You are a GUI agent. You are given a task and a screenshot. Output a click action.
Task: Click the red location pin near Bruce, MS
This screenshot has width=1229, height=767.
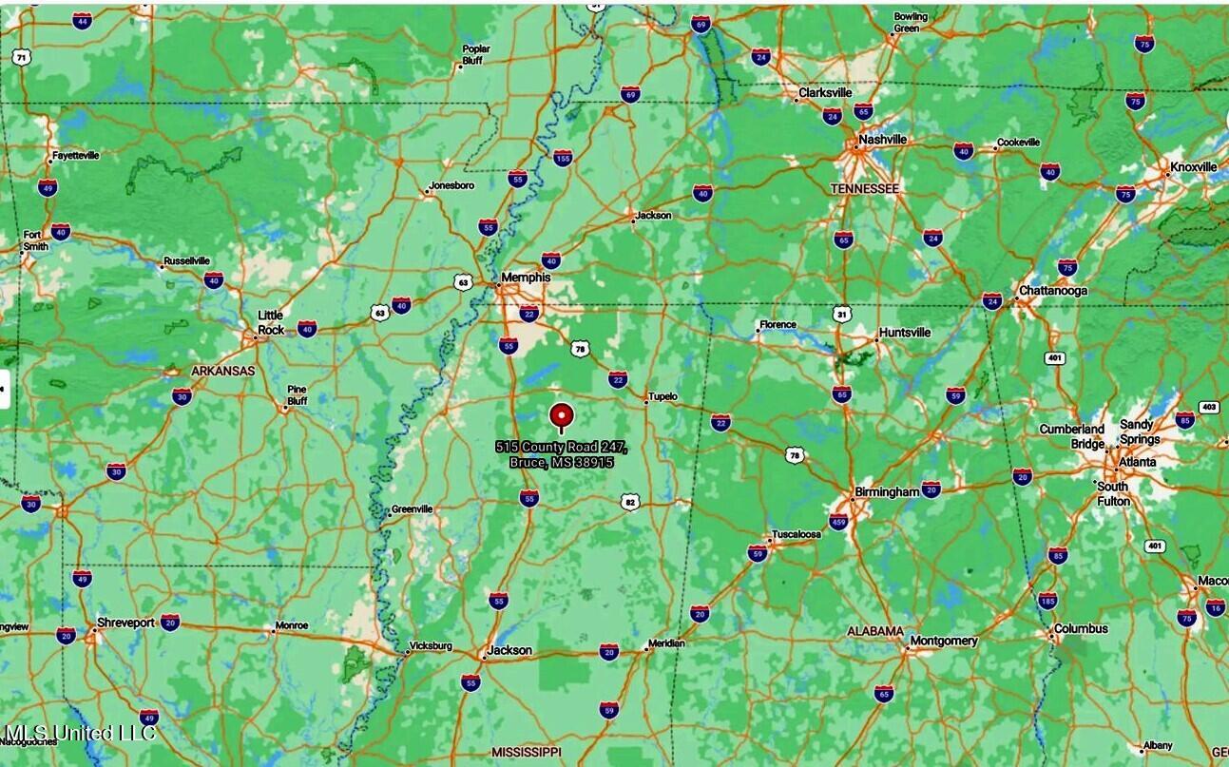click(561, 415)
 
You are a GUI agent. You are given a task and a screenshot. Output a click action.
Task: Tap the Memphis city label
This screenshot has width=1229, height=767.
click(526, 278)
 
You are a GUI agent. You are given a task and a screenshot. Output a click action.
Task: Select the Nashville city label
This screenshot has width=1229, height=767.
click(882, 140)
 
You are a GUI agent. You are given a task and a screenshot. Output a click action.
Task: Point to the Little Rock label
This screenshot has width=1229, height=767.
click(271, 323)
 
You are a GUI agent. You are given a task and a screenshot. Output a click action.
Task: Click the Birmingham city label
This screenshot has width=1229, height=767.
click(887, 492)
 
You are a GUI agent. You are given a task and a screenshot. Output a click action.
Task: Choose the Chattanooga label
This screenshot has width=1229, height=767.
click(1052, 291)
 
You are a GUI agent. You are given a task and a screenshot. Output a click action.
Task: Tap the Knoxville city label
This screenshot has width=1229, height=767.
click(1193, 167)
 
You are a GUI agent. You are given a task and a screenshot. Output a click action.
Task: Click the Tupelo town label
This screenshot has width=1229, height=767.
click(663, 396)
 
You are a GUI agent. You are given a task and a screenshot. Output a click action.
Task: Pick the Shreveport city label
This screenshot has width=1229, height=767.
click(125, 623)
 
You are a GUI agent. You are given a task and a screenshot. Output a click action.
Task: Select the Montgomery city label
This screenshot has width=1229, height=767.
click(944, 641)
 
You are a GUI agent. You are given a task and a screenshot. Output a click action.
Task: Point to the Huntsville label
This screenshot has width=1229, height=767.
click(905, 333)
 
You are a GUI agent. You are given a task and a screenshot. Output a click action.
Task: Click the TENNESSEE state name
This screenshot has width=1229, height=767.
click(864, 189)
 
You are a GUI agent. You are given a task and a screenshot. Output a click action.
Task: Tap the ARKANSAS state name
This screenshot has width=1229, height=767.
click(222, 371)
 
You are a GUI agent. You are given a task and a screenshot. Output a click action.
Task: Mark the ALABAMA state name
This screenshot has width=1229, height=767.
click(875, 631)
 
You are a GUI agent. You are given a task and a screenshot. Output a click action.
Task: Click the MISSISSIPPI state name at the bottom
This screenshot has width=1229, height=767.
click(527, 752)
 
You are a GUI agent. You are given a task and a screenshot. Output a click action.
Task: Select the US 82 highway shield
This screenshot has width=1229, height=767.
click(629, 501)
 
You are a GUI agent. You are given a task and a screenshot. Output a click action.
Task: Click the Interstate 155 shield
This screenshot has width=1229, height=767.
click(563, 159)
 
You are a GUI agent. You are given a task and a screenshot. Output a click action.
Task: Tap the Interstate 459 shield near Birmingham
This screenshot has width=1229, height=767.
click(838, 521)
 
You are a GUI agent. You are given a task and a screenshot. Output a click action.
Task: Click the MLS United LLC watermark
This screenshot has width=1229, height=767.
click(80, 733)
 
